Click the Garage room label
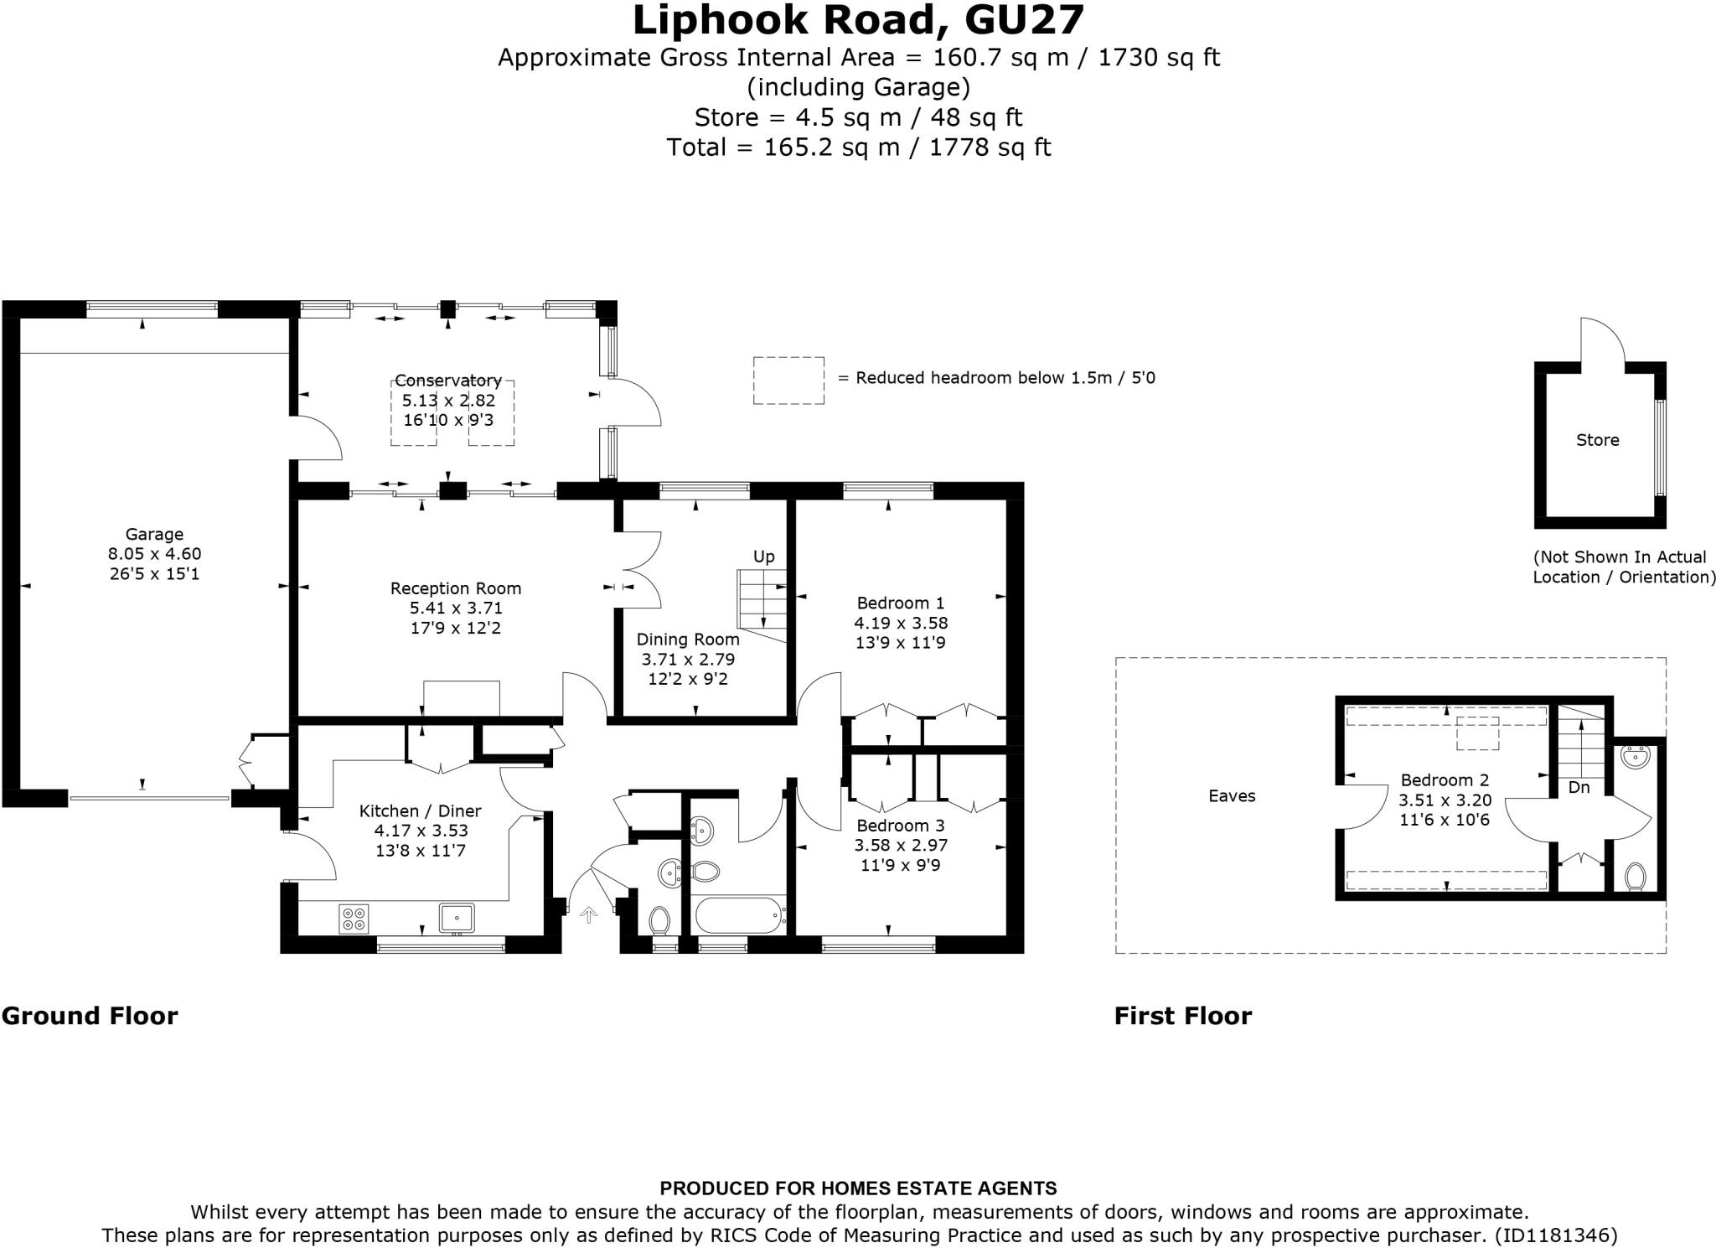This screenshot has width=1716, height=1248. pos(154,534)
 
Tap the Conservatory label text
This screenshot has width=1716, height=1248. pos(448,381)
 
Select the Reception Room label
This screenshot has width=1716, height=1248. pos(456,588)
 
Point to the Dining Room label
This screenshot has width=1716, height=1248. pos(688,640)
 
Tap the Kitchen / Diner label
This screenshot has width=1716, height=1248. pos(421,810)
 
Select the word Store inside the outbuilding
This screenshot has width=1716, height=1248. pos(1598,440)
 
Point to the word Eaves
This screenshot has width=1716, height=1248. pos(1232,795)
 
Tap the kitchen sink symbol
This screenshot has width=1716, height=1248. pos(457,918)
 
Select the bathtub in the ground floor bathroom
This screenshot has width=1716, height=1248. pos(738,916)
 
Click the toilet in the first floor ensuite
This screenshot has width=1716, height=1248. pos(1635,877)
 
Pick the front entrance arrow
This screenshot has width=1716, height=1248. pos(589,915)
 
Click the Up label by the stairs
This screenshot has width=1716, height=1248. pos(764,557)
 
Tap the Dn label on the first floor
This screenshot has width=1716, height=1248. pos(1579,787)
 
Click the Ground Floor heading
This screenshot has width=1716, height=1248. pos(90,1016)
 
